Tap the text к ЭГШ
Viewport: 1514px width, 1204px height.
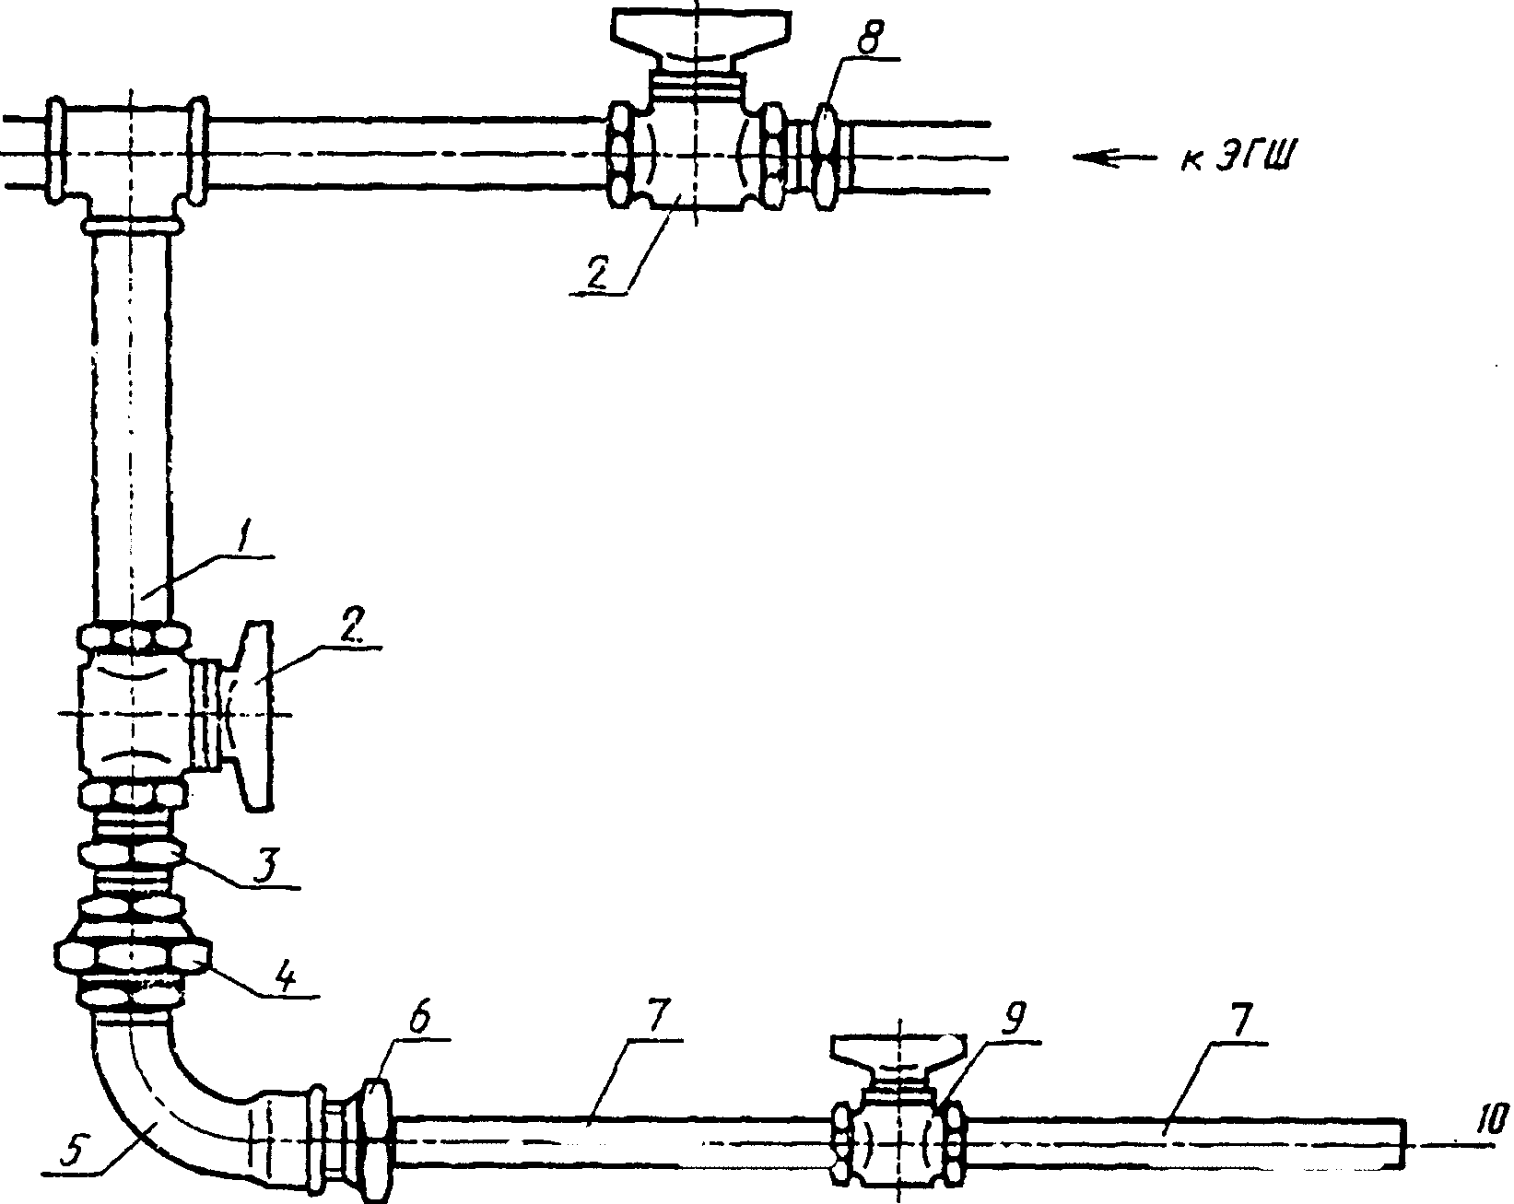[x=1236, y=156]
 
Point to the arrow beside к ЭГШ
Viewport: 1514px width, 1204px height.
[x=1114, y=158]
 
